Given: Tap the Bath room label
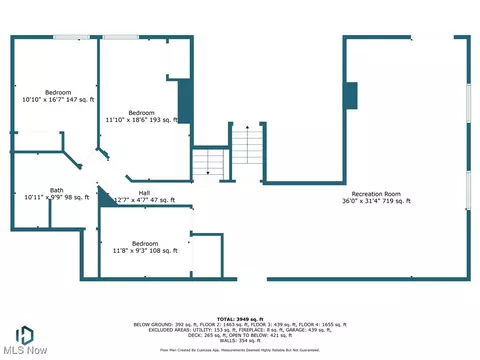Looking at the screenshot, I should (x=29, y=190).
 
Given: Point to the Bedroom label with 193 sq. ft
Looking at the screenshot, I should (x=141, y=113).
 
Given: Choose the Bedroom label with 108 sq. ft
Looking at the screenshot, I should (x=145, y=243).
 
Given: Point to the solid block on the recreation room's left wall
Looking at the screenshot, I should (x=350, y=95).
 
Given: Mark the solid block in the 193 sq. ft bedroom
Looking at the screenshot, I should (x=184, y=101).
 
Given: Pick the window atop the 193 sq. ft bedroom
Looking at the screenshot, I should (x=120, y=38).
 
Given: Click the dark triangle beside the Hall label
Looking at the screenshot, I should (x=102, y=196).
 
